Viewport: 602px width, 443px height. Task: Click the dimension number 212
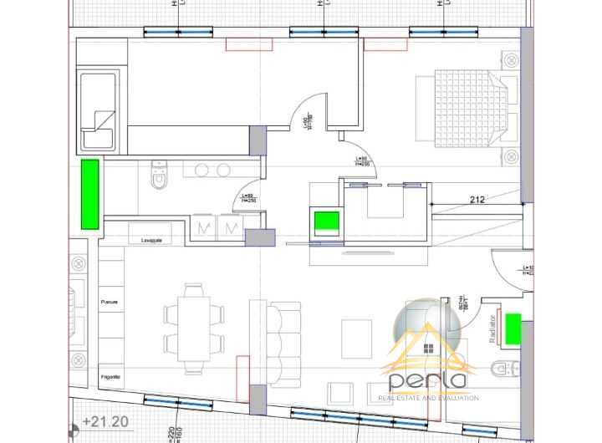click(x=477, y=200)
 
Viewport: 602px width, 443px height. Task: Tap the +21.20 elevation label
click(x=105, y=422)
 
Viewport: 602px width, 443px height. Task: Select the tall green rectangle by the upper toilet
click(x=89, y=194)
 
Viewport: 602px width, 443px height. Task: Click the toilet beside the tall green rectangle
click(x=158, y=176)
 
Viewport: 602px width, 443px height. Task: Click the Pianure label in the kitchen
click(x=110, y=302)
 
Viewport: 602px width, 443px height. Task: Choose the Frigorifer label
click(x=111, y=378)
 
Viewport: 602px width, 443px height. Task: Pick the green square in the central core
click(x=326, y=223)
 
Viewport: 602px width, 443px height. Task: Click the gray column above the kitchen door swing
click(x=258, y=139)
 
